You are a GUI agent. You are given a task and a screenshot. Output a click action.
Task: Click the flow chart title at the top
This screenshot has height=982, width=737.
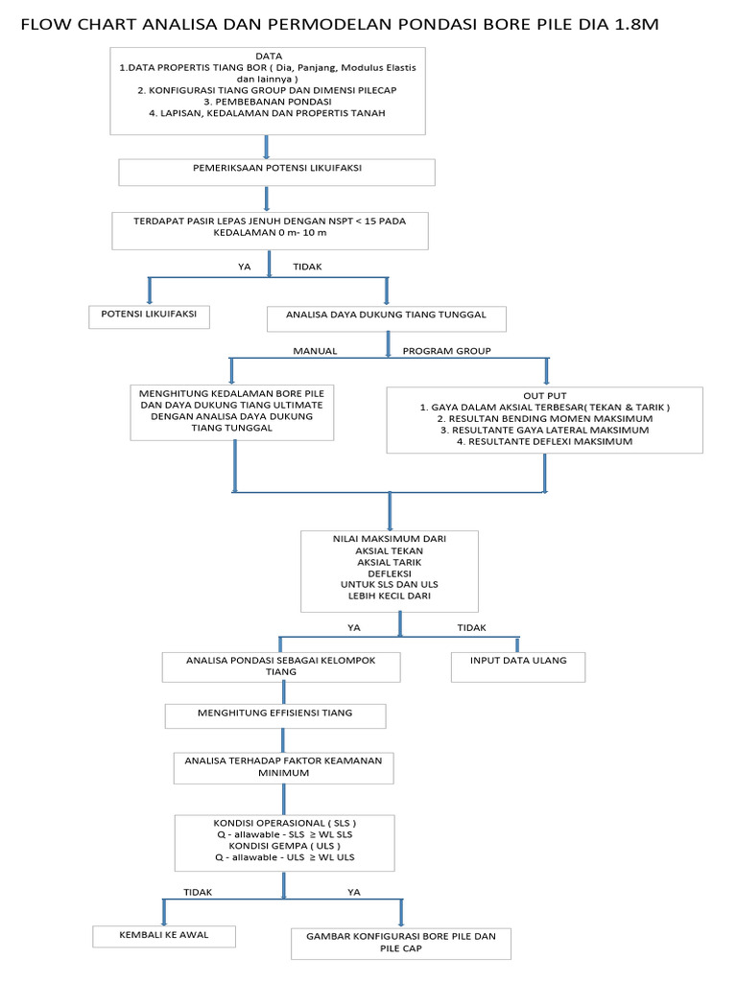click(340, 23)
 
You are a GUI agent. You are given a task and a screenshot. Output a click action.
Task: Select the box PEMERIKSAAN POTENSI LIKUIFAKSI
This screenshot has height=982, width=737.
click(277, 172)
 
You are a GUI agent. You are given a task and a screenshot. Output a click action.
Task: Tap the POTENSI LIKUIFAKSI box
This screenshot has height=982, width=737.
click(149, 316)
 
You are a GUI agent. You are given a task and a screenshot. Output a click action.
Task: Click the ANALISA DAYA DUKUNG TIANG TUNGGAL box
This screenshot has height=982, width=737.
click(386, 318)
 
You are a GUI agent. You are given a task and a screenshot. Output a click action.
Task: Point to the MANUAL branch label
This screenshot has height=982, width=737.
click(315, 351)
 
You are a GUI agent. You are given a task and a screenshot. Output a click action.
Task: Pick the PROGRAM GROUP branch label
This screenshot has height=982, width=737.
click(446, 351)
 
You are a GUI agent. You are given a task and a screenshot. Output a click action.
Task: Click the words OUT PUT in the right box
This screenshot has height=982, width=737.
click(544, 394)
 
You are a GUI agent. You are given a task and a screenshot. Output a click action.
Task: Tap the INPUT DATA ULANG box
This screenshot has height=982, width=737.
click(518, 661)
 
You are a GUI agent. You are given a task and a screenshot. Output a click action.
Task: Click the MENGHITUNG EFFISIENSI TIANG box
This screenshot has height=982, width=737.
click(275, 713)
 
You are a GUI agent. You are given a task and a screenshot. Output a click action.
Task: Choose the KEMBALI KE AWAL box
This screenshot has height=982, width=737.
click(163, 934)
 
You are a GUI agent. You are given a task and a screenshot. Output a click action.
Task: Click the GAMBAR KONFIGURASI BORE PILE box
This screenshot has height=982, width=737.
click(401, 942)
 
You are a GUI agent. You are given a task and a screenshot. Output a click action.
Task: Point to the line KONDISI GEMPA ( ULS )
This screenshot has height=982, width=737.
click(284, 846)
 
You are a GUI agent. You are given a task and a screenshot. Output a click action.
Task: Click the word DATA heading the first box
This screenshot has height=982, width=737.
click(270, 57)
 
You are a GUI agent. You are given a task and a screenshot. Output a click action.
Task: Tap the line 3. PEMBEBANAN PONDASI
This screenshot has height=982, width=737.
click(268, 101)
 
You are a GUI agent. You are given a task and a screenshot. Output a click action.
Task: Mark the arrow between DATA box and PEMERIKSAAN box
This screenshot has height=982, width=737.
click(266, 146)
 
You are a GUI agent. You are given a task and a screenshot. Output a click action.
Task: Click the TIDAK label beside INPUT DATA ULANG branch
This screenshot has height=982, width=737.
click(471, 628)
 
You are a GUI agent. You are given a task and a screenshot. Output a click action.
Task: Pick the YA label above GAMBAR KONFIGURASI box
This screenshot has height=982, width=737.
click(353, 892)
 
